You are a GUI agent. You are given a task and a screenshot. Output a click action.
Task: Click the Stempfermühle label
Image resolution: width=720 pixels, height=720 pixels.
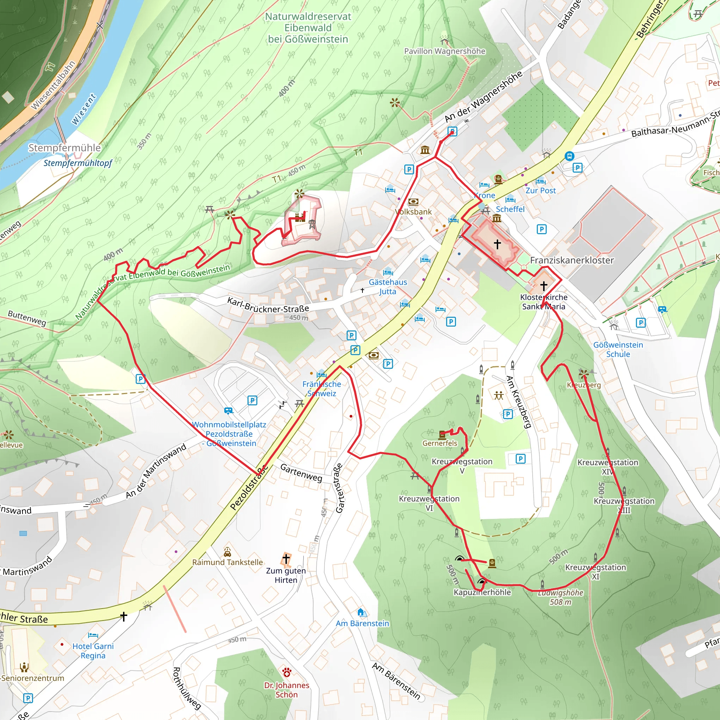tap(64, 148)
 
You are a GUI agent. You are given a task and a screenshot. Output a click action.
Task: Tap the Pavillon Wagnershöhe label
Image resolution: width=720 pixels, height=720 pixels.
tap(445, 51)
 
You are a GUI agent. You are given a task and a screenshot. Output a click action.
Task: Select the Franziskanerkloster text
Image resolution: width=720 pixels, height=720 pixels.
tap(572, 260)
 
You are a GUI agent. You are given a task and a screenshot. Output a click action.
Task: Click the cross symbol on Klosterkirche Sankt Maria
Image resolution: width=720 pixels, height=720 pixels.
tap(544, 286)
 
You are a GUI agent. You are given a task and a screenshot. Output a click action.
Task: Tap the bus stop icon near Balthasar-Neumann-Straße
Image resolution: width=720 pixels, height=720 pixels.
tap(569, 156)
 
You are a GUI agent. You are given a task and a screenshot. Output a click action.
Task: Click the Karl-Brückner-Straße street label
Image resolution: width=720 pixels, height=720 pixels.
tap(268, 305)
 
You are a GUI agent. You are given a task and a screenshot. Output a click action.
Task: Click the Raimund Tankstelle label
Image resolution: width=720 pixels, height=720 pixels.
tap(227, 562)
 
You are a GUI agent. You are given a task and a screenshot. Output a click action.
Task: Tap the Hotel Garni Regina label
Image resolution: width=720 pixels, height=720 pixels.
tap(93, 651)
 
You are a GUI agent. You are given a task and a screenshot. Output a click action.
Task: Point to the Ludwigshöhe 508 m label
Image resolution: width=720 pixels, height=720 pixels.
tap(560, 597)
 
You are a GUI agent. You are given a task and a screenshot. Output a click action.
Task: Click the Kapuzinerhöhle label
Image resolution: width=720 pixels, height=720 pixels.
tap(482, 592)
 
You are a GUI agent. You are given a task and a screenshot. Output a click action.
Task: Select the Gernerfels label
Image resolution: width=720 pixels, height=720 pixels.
tap(439, 443)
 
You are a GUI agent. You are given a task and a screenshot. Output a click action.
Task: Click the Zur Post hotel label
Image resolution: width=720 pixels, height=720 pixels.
tap(540, 191)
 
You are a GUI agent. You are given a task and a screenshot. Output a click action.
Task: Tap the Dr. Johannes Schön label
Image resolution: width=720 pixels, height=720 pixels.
tap(286, 690)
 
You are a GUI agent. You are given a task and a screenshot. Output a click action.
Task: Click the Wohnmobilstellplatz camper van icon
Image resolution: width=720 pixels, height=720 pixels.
tap(229, 411)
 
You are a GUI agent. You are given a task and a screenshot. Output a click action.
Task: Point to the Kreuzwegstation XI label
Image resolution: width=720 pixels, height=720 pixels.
tap(595, 572)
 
